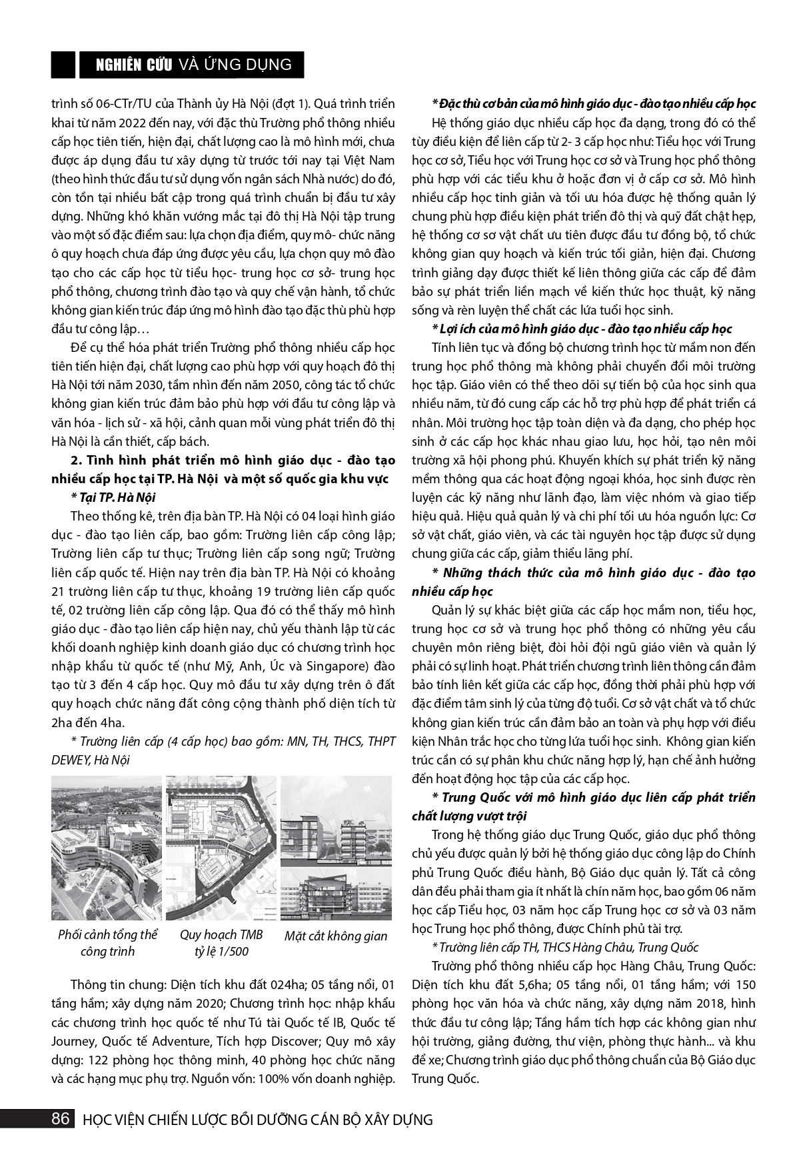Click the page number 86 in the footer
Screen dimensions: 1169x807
point(61,1119)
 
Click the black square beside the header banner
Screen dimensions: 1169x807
point(63,65)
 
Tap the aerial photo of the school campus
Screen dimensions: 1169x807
point(107,848)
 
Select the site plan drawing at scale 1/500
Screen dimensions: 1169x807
point(221,848)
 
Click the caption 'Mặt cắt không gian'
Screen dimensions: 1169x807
point(336,936)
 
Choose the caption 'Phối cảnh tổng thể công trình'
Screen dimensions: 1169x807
point(107,943)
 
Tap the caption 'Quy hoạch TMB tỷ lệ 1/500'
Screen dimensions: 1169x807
point(221,943)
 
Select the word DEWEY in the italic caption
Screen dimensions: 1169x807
point(71,760)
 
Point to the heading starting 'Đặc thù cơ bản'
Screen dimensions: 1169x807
point(594,104)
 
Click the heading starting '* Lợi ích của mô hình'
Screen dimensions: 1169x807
point(582,329)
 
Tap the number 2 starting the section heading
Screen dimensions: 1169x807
point(75,460)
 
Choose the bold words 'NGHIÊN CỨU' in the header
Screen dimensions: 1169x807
point(128,65)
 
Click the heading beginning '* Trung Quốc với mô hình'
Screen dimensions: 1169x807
point(593,798)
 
